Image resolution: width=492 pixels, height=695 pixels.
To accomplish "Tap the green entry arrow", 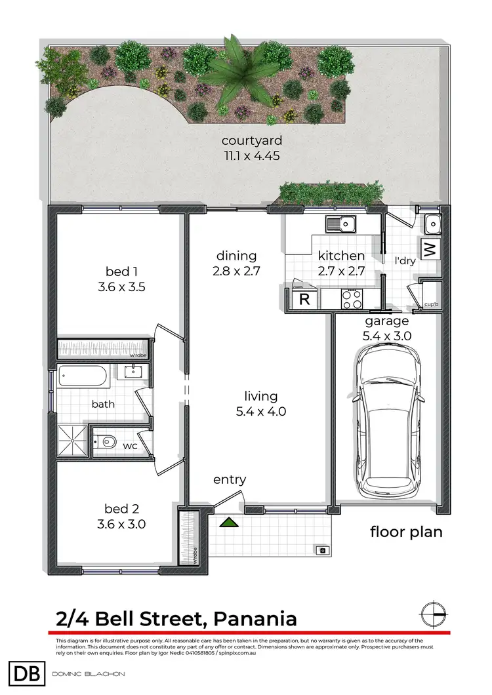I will pyautogui.click(x=228, y=523).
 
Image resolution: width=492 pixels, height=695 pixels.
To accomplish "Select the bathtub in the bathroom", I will pyautogui.click(x=81, y=377).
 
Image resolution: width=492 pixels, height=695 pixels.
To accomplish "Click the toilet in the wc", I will pyautogui.click(x=105, y=444).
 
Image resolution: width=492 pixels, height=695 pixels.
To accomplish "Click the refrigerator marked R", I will pyautogui.click(x=304, y=300).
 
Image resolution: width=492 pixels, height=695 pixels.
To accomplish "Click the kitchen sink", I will pyautogui.click(x=341, y=225).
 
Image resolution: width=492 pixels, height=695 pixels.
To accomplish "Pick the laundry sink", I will pyautogui.click(x=432, y=225).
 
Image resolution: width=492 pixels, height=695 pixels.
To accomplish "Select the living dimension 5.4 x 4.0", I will pyautogui.click(x=261, y=412).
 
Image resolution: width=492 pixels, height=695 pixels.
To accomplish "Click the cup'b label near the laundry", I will pyautogui.click(x=432, y=304).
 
